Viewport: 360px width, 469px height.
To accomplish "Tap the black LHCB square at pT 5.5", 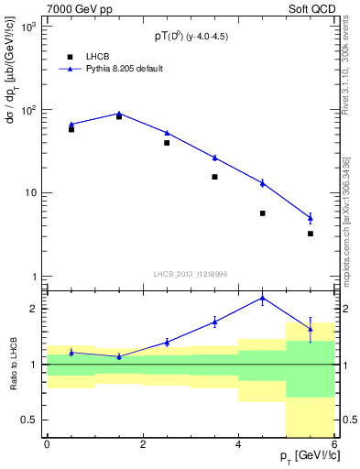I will click(x=311, y=234).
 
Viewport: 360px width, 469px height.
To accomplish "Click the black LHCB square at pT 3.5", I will click(x=214, y=177).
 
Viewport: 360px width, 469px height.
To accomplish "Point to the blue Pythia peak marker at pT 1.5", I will click(x=119, y=114).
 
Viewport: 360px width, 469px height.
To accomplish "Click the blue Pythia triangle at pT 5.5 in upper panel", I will click(x=311, y=218).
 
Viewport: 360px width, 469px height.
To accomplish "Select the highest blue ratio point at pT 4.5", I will click(x=262, y=298).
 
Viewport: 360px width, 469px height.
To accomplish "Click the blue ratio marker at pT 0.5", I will click(x=71, y=352).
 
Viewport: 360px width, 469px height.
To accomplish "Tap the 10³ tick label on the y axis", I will click(x=27, y=27).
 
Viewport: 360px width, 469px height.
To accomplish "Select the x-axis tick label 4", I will click(x=238, y=444).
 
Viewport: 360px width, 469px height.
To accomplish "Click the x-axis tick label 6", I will click(x=334, y=444).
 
